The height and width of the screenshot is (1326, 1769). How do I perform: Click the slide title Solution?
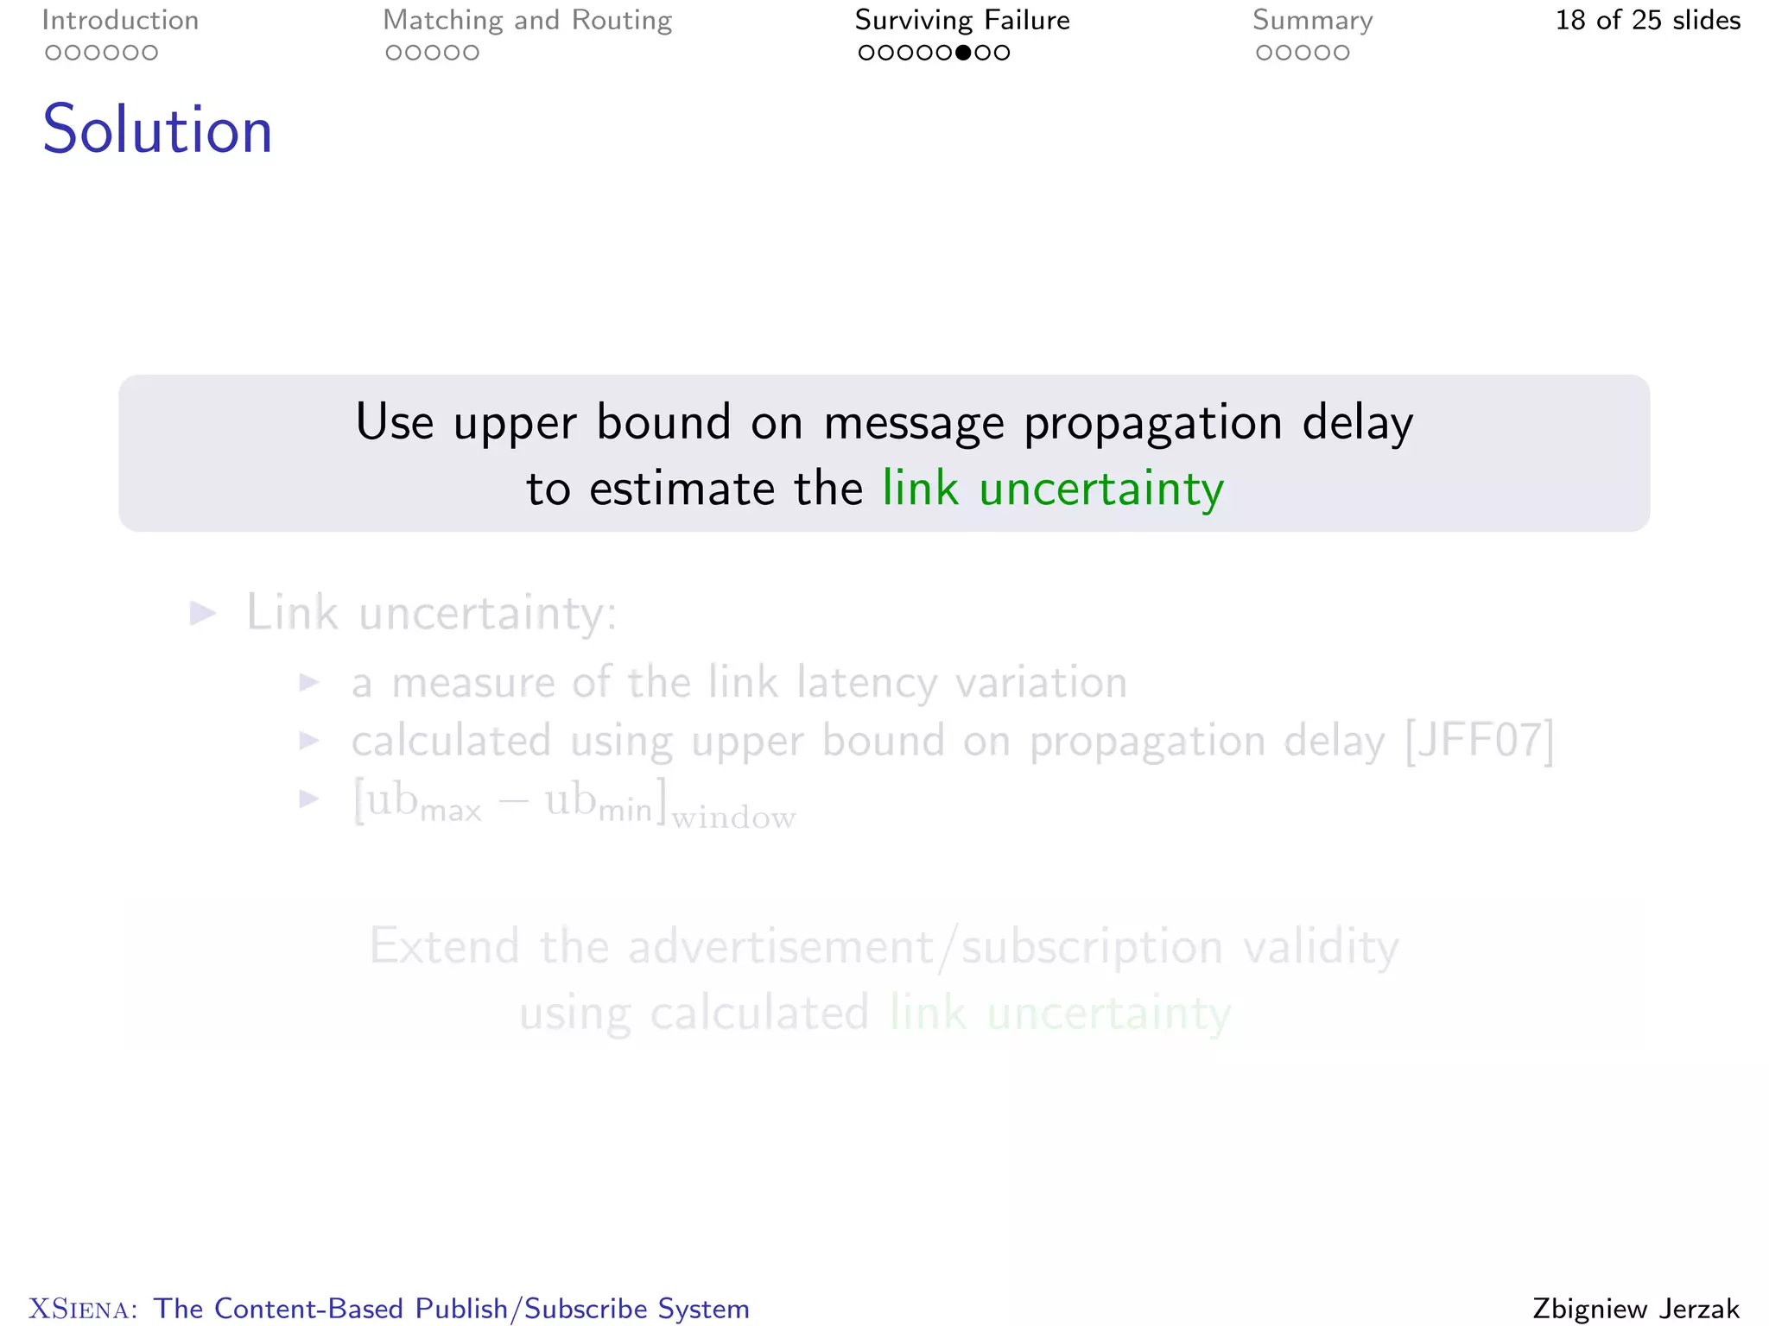coord(157,129)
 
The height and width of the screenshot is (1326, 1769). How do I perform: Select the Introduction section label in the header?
coord(120,20)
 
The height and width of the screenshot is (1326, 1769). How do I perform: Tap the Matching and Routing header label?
coord(527,20)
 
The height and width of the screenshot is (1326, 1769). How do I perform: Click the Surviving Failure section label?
coord(962,20)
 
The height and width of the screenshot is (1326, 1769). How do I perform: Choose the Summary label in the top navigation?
coord(1312,20)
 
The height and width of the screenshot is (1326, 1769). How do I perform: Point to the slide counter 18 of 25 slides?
coord(1647,20)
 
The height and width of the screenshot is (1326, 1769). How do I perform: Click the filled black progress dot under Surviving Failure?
coord(963,53)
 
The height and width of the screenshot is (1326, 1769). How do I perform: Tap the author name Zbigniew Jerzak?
coord(1635,1308)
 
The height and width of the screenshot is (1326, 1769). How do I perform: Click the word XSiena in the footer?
coord(82,1309)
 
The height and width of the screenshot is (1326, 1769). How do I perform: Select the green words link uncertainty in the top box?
coord(1053,489)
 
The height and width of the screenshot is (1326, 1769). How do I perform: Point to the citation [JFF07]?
coord(1480,741)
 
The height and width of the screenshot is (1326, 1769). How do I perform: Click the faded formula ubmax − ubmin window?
coord(574,803)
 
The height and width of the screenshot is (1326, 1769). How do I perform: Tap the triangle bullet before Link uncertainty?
coord(203,614)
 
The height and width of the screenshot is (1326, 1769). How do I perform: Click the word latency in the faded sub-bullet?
coord(866,683)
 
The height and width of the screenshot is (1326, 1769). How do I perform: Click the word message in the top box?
coord(914,423)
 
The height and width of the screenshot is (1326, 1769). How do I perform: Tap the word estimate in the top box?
coord(682,489)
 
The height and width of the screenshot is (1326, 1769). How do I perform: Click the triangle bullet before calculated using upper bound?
coord(309,741)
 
